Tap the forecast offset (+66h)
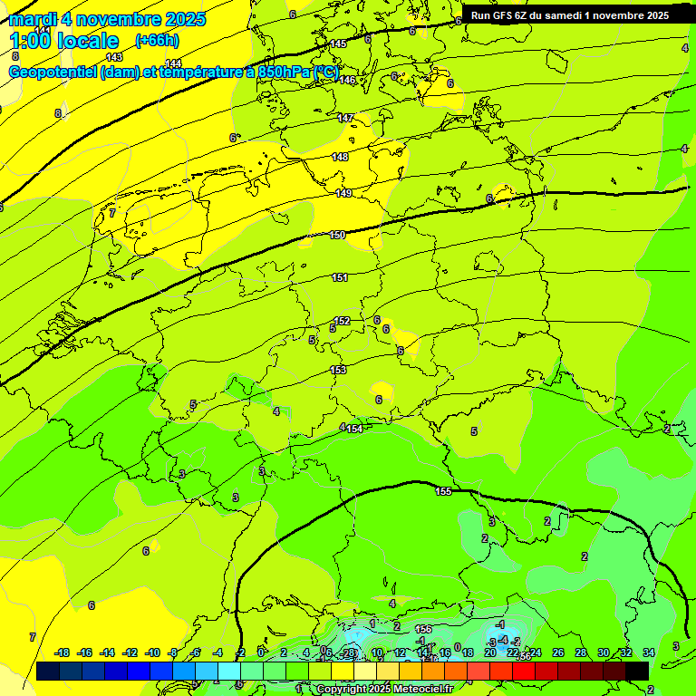[x=157, y=41]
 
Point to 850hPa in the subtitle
[x=287, y=72]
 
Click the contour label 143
[x=114, y=56]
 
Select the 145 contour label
[x=338, y=43]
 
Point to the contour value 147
[x=345, y=118]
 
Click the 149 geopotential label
[x=343, y=193]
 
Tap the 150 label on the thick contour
[x=337, y=235]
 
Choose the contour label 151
[x=339, y=277]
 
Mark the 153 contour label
[x=338, y=370]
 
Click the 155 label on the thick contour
[x=443, y=491]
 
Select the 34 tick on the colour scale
[x=648, y=652]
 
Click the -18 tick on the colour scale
[x=62, y=652]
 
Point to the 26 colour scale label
[x=557, y=652]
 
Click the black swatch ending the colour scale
[x=636, y=671]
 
